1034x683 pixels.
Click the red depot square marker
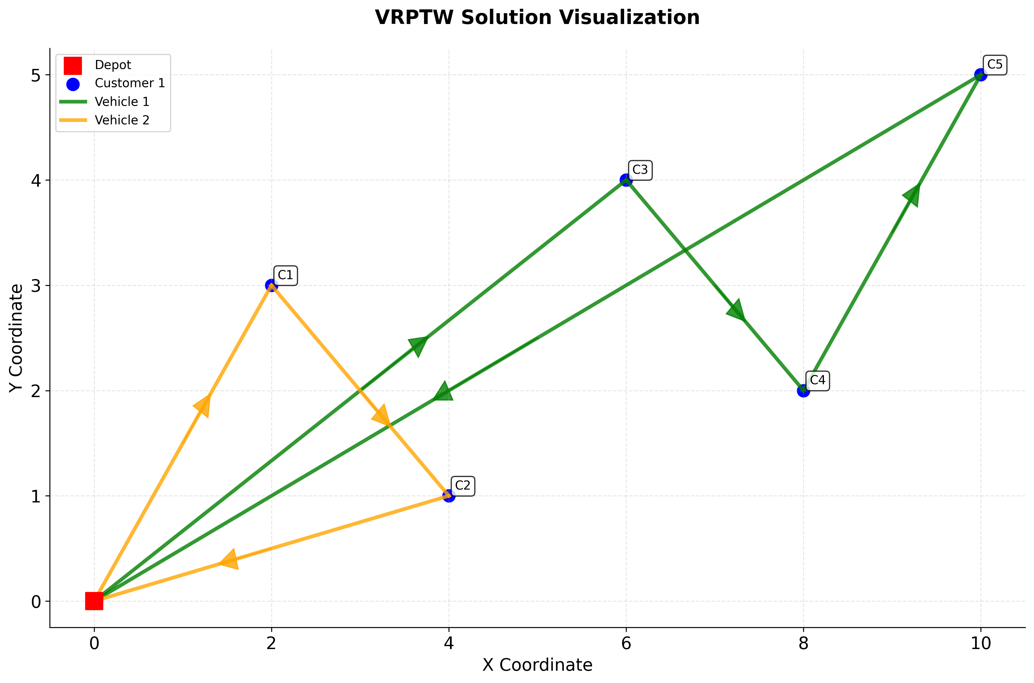(x=94, y=601)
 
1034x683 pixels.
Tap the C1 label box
(x=285, y=275)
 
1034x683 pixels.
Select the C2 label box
(x=463, y=486)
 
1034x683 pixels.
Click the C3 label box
(x=640, y=170)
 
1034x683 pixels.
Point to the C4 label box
(x=817, y=380)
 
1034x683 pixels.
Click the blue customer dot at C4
(x=803, y=391)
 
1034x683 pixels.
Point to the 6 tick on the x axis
(x=626, y=643)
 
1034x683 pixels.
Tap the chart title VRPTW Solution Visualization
(x=537, y=18)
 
